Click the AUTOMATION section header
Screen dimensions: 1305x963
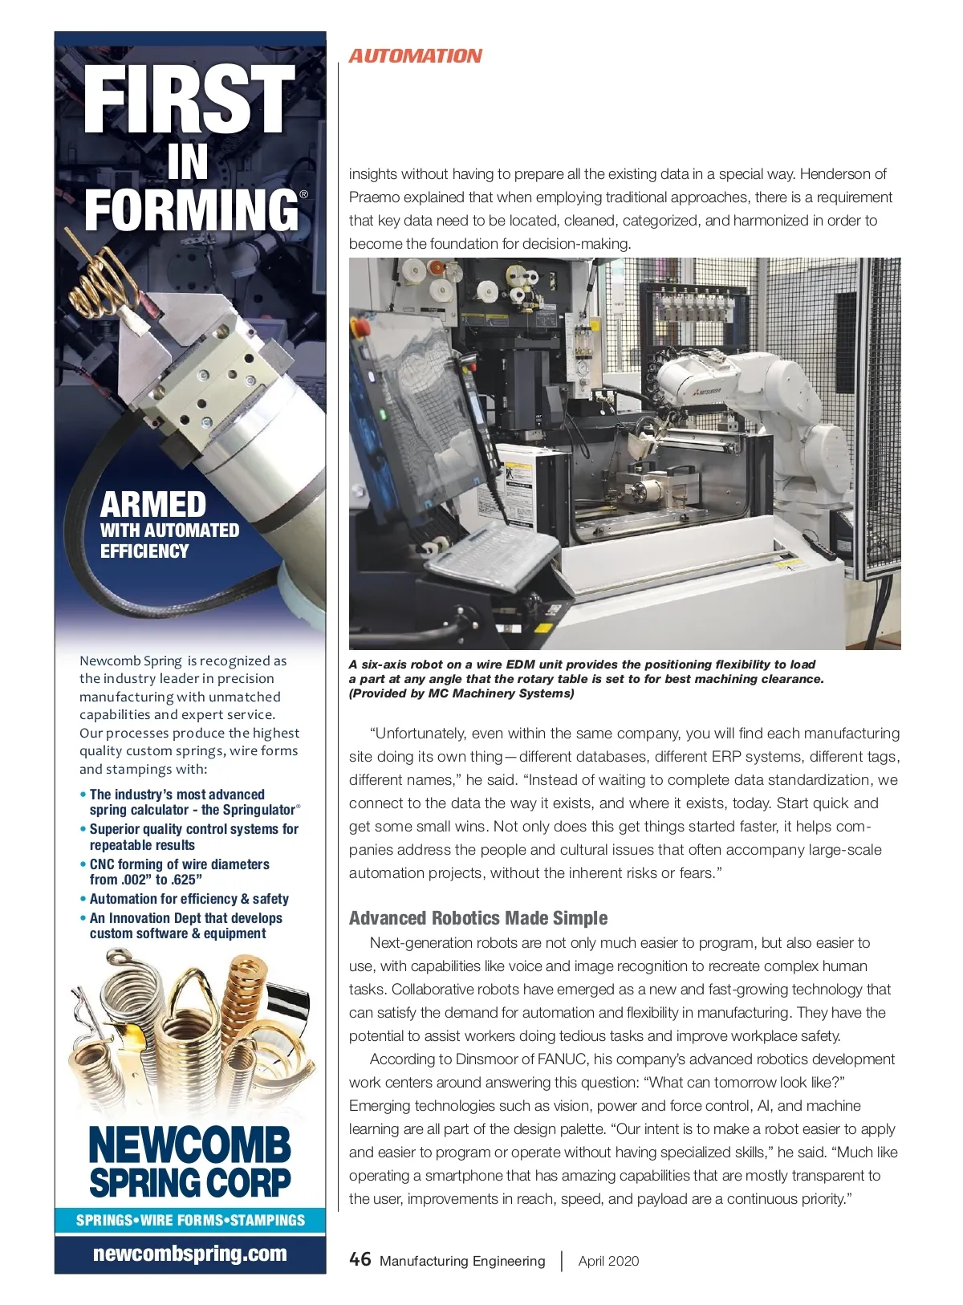click(x=415, y=56)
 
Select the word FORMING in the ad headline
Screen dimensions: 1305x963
click(x=191, y=209)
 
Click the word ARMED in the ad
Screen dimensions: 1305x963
click(x=153, y=505)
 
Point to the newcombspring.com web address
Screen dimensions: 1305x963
click(x=189, y=1254)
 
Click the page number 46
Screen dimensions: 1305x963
click(x=360, y=1259)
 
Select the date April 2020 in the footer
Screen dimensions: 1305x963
click(x=608, y=1261)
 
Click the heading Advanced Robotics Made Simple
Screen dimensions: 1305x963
click(x=478, y=918)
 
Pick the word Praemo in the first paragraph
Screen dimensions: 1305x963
click(x=374, y=197)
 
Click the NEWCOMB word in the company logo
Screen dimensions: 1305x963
click(x=189, y=1144)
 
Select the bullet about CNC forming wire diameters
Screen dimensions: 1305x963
click(x=180, y=872)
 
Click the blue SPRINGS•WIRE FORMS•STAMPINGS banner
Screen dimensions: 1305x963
click(x=190, y=1220)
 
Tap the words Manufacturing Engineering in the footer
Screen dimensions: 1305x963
click(x=462, y=1261)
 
